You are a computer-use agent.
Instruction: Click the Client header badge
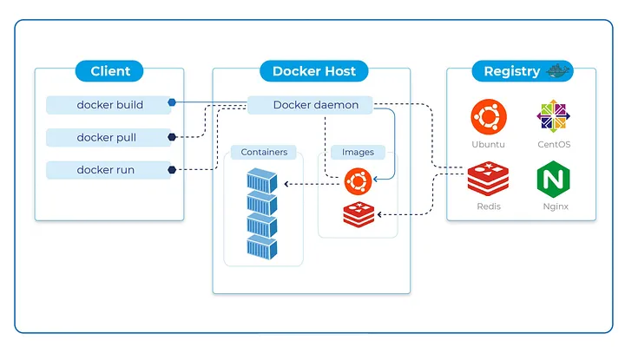[x=109, y=71]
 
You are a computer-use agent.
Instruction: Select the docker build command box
[x=109, y=105]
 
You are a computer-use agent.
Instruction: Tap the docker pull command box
[x=109, y=137]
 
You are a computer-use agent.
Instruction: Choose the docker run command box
[x=109, y=170]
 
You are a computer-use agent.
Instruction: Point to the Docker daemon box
[x=310, y=105]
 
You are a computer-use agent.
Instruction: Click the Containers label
[x=264, y=153]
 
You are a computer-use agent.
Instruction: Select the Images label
[x=358, y=153]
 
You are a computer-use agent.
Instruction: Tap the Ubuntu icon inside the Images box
[x=358, y=181]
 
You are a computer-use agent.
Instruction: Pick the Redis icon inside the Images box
[x=358, y=213]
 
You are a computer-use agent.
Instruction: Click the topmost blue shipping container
[x=261, y=182]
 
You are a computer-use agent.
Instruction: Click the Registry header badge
[x=512, y=71]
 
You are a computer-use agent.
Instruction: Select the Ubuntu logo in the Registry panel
[x=488, y=116]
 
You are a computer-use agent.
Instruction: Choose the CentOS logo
[x=552, y=116]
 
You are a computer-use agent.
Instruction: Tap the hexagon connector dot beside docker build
[x=172, y=102]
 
